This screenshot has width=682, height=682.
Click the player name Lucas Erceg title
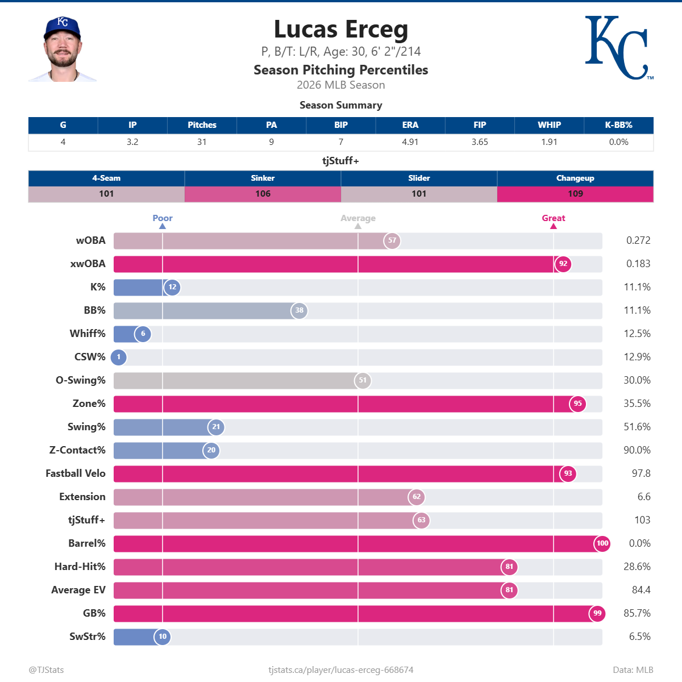[341, 30]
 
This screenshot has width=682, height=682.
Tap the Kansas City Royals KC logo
[618, 48]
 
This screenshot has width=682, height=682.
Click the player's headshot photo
[63, 49]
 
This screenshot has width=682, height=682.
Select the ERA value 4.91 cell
[410, 142]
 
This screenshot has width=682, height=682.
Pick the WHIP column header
[549, 125]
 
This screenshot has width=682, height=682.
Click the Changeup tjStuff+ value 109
[575, 194]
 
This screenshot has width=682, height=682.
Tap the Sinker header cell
[263, 178]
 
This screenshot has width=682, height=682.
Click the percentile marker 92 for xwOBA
[563, 264]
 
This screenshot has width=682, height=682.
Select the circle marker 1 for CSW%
[119, 357]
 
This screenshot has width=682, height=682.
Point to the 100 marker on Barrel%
[602, 543]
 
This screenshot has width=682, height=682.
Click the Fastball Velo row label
[76, 473]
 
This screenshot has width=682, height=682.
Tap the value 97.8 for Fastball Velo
[641, 473]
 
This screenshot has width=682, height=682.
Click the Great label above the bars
[553, 218]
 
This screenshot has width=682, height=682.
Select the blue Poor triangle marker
[163, 226]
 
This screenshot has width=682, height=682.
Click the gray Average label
[358, 218]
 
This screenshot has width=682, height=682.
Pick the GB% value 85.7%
[637, 613]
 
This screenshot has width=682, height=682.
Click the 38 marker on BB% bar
[299, 310]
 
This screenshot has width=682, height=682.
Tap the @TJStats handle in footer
[46, 669]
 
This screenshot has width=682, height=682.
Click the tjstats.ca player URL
[341, 669]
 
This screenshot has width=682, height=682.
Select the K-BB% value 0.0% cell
[618, 142]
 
